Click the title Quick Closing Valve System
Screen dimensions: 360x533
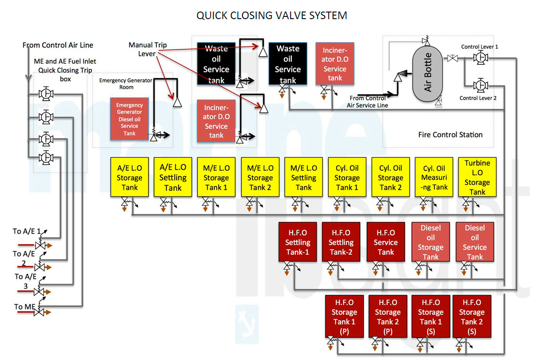click(271, 16)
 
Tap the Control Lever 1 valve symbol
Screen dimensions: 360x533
click(480, 58)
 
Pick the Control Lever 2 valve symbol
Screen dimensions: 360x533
click(480, 85)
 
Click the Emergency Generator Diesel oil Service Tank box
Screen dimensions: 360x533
click(129, 119)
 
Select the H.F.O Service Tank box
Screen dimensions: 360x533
click(386, 242)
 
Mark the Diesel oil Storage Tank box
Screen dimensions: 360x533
click(430, 242)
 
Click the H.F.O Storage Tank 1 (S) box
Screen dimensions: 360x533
click(430, 316)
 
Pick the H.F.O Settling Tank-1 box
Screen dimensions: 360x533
click(297, 242)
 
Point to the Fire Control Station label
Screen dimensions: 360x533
click(450, 134)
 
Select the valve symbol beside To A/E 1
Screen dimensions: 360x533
click(40, 245)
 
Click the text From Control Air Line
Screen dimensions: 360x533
click(58, 45)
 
